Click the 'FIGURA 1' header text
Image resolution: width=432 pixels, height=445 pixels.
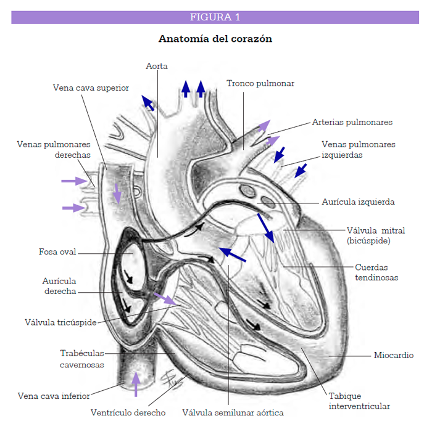click(215, 17)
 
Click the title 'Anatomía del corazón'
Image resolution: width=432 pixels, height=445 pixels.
click(215, 39)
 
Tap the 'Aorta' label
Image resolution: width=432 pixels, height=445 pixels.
click(157, 66)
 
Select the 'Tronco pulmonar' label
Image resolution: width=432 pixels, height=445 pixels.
click(260, 83)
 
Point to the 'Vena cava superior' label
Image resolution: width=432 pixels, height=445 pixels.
click(91, 88)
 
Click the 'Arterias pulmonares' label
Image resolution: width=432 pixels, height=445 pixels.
click(352, 122)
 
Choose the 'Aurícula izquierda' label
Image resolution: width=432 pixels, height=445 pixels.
click(358, 202)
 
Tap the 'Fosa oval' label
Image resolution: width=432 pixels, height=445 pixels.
click(57, 251)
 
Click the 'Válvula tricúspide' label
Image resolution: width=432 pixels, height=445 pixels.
click(60, 322)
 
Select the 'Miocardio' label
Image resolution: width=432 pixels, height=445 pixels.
click(394, 355)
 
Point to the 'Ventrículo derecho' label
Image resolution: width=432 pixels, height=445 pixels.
click(128, 413)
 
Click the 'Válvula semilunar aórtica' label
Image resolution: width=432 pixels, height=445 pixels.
click(233, 413)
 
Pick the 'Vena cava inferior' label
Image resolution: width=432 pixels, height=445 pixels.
click(54, 396)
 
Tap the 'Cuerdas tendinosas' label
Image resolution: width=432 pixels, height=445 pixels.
click(376, 272)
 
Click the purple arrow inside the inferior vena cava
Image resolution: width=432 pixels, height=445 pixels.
click(136, 384)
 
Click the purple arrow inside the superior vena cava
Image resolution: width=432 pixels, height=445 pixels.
click(117, 194)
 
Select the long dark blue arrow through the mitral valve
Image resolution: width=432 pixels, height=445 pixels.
click(266, 228)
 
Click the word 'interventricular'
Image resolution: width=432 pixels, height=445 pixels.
click(359, 406)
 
